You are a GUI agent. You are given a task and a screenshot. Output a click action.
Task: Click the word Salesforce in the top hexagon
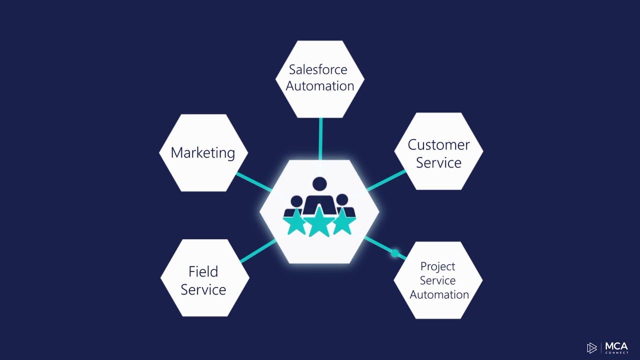pyautogui.click(x=318, y=69)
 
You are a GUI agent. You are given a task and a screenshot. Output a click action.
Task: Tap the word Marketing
pyautogui.click(x=203, y=152)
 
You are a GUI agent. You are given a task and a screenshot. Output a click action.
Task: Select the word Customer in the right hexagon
pyautogui.click(x=438, y=145)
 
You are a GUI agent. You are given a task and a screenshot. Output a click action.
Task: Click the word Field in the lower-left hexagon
pyautogui.click(x=203, y=271)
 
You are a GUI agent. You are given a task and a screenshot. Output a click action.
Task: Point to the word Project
pyautogui.click(x=437, y=266)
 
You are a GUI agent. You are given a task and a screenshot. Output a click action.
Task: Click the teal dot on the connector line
pyautogui.click(x=394, y=253)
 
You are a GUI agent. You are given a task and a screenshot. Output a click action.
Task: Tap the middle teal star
pyautogui.click(x=319, y=222)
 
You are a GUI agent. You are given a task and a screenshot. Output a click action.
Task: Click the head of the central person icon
pyautogui.click(x=319, y=184)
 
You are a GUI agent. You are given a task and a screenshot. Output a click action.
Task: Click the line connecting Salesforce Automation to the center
pyautogui.click(x=320, y=138)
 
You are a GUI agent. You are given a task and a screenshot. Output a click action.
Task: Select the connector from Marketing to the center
pyautogui.click(x=253, y=181)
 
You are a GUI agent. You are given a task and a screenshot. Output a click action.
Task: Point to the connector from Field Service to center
pyautogui.click(x=258, y=251)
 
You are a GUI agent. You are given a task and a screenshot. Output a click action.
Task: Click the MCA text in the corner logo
pyautogui.click(x=616, y=346)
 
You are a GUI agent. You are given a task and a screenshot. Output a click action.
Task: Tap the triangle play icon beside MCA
pyautogui.click(x=592, y=348)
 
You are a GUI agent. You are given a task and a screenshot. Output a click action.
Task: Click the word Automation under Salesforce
pyautogui.click(x=320, y=86)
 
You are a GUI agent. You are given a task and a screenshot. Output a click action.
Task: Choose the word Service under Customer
pyautogui.click(x=438, y=162)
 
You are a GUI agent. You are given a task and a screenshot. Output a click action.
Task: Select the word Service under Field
pyautogui.click(x=203, y=289)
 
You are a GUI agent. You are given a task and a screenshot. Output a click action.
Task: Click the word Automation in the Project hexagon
pyautogui.click(x=439, y=294)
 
